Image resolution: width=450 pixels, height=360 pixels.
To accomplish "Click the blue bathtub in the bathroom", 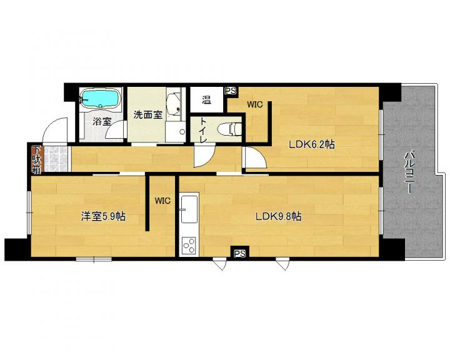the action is point(99,98).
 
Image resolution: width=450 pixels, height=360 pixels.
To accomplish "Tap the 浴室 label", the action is point(102,121).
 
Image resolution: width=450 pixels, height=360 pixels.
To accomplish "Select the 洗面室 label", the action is point(148,115).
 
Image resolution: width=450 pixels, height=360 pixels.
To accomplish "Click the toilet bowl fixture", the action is point(229,129).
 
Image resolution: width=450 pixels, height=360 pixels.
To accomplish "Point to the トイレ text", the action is point(203,130).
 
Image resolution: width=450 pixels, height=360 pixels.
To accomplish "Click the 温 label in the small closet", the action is point(207,100).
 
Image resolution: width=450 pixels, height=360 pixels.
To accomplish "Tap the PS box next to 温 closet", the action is point(231,91).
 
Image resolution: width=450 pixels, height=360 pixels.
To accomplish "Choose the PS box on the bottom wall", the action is point(240,254).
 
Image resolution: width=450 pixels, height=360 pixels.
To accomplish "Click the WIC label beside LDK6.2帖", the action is point(255,104).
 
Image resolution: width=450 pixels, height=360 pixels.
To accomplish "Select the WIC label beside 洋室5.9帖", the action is point(162,201).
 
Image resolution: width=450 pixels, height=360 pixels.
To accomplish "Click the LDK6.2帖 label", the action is point(312,144).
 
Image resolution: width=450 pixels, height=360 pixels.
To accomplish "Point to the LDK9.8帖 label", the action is point(278,216).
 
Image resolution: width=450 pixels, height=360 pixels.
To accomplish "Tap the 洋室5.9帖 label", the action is point(103,216).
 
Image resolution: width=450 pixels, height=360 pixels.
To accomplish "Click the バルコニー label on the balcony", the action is point(409,173).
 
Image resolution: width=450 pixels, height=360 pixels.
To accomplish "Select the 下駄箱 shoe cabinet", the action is point(36,160).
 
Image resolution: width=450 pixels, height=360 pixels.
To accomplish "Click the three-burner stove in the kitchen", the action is point(189,246).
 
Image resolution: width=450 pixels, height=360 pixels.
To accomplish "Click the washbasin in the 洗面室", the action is point(174,104).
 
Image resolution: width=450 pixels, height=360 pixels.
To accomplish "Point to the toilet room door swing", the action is point(204,155).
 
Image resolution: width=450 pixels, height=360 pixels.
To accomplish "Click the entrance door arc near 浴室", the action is point(55,130).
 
